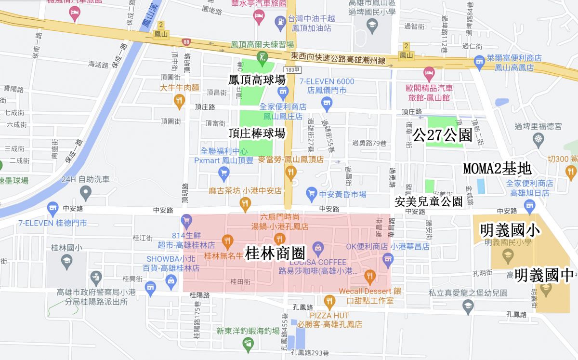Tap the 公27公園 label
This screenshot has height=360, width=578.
(442, 136)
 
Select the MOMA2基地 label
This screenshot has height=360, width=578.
(497, 169)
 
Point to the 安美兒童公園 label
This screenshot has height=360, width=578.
(428, 201)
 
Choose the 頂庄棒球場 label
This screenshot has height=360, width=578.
(257, 133)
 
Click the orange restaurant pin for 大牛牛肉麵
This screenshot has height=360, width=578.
(179, 100)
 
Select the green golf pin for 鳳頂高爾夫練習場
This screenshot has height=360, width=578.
(262, 57)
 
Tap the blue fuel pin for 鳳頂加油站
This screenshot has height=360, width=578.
(280, 22)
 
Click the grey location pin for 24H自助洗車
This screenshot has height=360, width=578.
(86, 194)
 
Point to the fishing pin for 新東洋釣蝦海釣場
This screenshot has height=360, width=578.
(248, 343)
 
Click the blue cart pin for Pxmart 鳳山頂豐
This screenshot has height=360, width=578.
(223, 173)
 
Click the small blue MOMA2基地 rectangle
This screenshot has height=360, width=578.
(481, 186)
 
